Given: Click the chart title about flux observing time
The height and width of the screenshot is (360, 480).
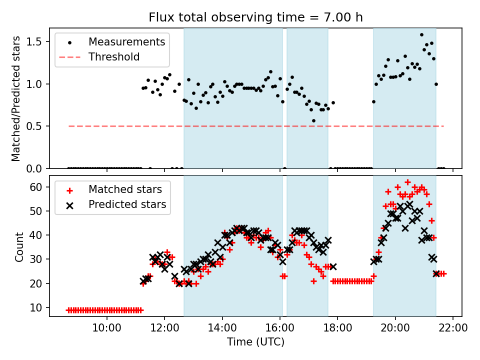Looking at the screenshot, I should click(x=255, y=17).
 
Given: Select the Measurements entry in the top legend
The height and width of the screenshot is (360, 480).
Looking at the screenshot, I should click(x=126, y=42).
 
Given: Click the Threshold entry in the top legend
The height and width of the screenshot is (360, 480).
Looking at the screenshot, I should click(x=114, y=57).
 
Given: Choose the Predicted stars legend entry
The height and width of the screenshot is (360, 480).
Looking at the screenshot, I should click(x=127, y=204).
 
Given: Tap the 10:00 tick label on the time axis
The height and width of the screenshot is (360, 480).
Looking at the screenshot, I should click(x=107, y=328).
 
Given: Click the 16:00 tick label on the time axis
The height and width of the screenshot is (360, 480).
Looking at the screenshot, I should click(x=280, y=328).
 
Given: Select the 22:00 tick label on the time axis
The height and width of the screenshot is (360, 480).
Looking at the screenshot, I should click(x=453, y=328).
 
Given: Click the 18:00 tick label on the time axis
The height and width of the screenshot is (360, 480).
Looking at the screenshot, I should click(x=337, y=328).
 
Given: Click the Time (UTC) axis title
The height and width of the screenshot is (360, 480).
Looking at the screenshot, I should click(x=255, y=342).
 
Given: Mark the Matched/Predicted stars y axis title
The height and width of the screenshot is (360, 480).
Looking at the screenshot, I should click(x=16, y=98).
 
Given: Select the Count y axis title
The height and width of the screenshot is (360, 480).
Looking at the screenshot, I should click(x=19, y=246).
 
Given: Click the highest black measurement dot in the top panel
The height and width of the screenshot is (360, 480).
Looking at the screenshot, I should click(x=421, y=35).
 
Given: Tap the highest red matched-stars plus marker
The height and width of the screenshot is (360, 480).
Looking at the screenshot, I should click(x=407, y=182).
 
